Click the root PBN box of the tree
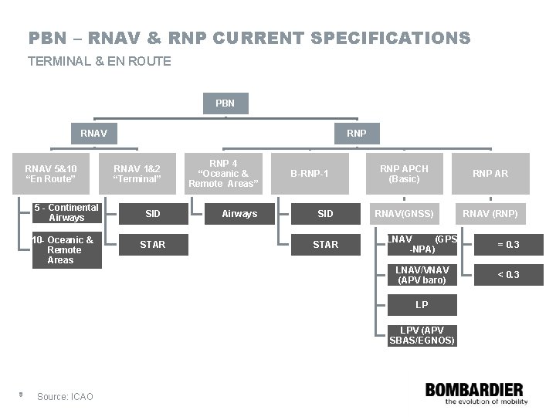225,103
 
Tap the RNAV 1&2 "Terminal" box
137,174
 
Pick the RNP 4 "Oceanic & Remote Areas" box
223,174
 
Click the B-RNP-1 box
309,174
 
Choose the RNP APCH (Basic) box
403,174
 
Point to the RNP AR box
490,174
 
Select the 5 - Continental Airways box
67,213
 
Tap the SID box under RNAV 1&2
152,213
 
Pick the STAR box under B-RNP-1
325,245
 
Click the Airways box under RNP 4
239,213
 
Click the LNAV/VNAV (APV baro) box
422,275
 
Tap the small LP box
422,305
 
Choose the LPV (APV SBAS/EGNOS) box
422,335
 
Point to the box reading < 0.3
508,275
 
